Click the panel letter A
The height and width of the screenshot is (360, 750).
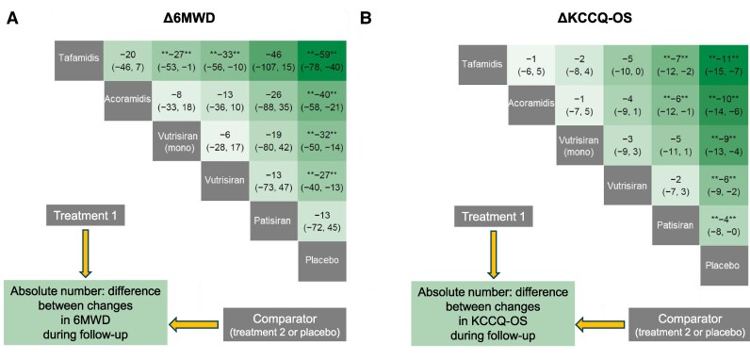12,16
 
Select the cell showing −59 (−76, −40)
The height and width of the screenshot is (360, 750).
320,59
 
